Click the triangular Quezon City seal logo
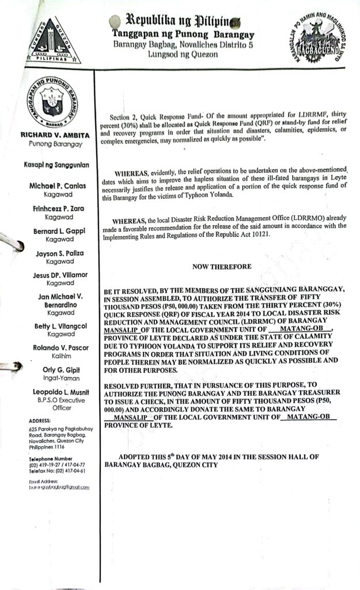click(52, 41)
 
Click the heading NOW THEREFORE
click(221, 267)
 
